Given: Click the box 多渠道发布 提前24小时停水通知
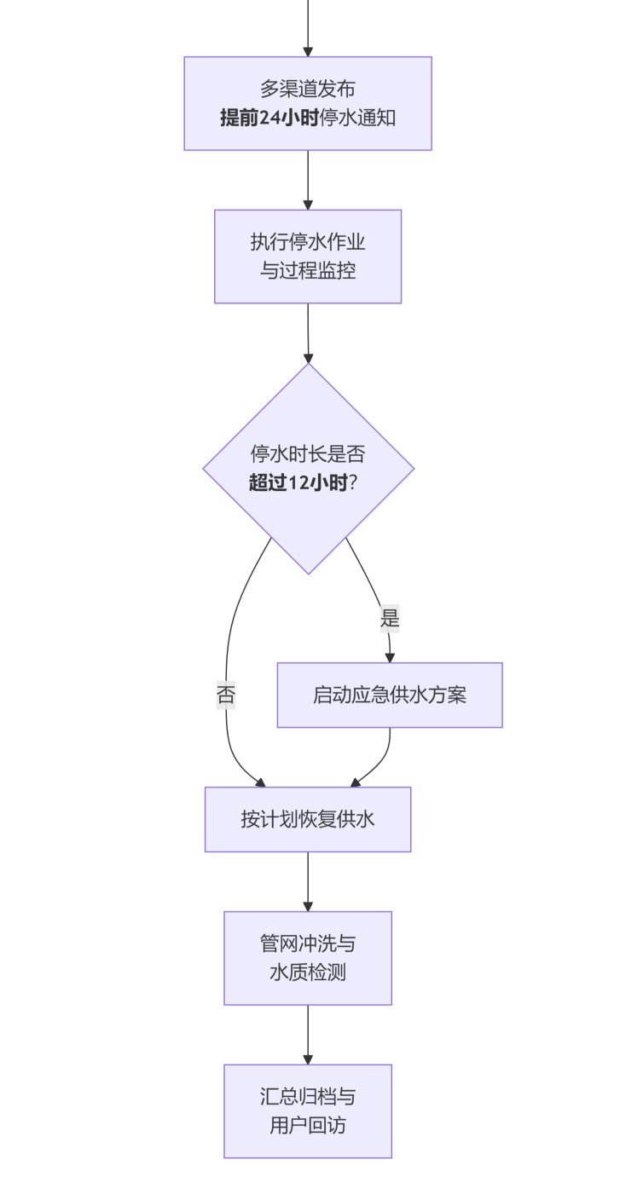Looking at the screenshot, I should click(307, 103).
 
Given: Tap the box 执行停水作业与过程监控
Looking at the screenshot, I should click(307, 256).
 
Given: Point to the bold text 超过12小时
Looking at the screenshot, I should click(298, 483).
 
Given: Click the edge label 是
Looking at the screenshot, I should click(390, 619).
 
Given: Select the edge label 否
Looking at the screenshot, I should click(226, 695).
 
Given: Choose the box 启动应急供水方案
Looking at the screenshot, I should click(390, 695).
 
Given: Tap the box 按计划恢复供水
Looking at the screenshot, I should click(307, 819).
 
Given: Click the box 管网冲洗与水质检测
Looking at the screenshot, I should click(307, 957).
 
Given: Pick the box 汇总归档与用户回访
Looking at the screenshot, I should click(307, 1111).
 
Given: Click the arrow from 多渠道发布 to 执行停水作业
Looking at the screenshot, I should click(307, 180).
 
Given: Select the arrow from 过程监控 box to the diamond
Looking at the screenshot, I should click(307, 333).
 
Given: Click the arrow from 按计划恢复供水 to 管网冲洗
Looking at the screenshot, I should click(307, 881).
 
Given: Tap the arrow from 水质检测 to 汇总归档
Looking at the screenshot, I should click(307, 1034).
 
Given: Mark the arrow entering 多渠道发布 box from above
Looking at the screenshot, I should click(307, 26).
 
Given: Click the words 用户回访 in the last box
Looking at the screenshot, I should click(307, 1126).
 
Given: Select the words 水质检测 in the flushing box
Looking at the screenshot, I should click(307, 972).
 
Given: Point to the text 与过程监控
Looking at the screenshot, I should click(307, 272).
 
